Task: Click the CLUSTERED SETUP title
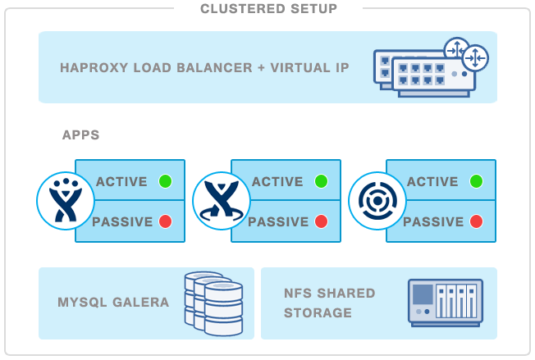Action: [x=268, y=9]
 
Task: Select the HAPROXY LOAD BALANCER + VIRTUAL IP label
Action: [x=204, y=67]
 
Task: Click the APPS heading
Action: [x=80, y=134]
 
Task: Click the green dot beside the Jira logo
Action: [x=165, y=181]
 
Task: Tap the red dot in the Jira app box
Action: [x=165, y=221]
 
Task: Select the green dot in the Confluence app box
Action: [x=321, y=181]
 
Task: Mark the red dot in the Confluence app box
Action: [x=321, y=221]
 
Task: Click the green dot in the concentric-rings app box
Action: [x=476, y=181]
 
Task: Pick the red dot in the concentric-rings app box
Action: [x=476, y=221]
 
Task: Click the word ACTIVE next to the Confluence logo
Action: [x=277, y=181]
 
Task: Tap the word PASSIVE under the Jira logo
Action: [x=122, y=221]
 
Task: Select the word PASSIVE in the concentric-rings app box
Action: [x=433, y=221]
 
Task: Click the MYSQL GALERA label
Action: [x=113, y=302]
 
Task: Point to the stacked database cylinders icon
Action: [x=215, y=301]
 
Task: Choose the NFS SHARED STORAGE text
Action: [x=329, y=303]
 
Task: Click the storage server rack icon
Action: [x=446, y=303]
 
